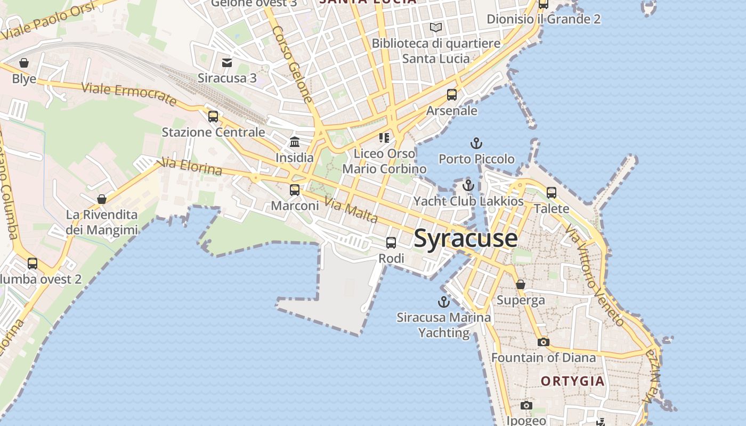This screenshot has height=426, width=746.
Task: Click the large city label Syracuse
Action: [x=465, y=238]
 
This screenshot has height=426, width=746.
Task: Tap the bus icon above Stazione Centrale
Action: [x=213, y=116]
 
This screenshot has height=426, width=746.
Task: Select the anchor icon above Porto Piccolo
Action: [x=476, y=143]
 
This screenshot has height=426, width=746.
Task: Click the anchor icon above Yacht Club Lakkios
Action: [x=468, y=185]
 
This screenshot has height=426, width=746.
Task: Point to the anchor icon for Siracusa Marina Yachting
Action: [x=443, y=302]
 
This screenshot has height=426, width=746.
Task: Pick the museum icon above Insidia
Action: [x=295, y=142]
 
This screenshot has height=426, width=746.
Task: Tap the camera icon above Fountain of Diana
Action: [x=543, y=342]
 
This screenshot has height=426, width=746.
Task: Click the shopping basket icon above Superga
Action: [x=521, y=284]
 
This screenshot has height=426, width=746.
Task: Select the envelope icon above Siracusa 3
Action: [x=227, y=62]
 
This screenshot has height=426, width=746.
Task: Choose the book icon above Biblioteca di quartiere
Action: [x=436, y=27]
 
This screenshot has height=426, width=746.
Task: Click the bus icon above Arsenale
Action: [x=452, y=95]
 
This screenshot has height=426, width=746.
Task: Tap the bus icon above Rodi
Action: [x=391, y=243]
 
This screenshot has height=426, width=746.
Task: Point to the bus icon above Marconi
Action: [x=295, y=190]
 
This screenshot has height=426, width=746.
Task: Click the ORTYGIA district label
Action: [x=573, y=381]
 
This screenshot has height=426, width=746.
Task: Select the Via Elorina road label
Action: [x=191, y=167]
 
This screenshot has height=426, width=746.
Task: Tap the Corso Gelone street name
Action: [x=292, y=64]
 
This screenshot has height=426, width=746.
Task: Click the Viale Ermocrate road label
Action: [x=129, y=94]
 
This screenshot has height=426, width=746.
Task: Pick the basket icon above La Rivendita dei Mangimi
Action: [x=102, y=199]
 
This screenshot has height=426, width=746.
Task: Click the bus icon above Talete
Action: [x=552, y=192]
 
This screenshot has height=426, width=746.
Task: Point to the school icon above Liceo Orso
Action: [x=384, y=138]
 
